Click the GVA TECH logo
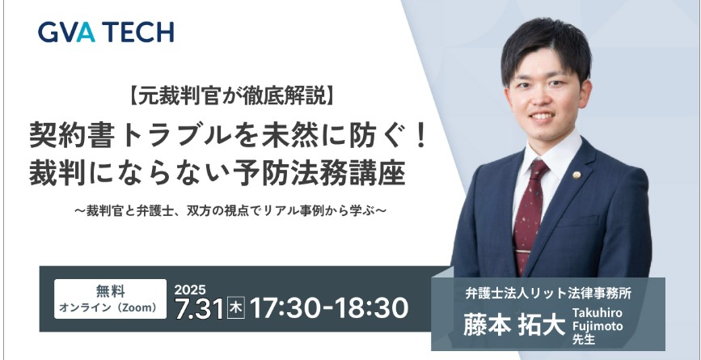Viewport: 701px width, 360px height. [106, 32]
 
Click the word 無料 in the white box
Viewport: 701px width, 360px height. [111, 291]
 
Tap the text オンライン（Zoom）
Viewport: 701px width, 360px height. [108, 307]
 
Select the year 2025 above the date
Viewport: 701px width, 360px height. [190, 290]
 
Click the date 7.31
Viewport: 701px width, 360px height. [199, 309]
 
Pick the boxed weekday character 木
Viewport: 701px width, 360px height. [235, 309]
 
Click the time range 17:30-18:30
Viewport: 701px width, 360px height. [329, 308]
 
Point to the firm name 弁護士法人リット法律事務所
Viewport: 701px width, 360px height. [548, 294]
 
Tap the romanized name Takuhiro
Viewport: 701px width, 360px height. [597, 312]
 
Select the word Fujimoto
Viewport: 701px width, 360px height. [598, 327]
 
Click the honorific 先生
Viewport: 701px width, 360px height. [584, 340]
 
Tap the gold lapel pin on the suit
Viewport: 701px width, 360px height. [577, 176]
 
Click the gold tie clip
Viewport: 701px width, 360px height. [522, 252]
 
